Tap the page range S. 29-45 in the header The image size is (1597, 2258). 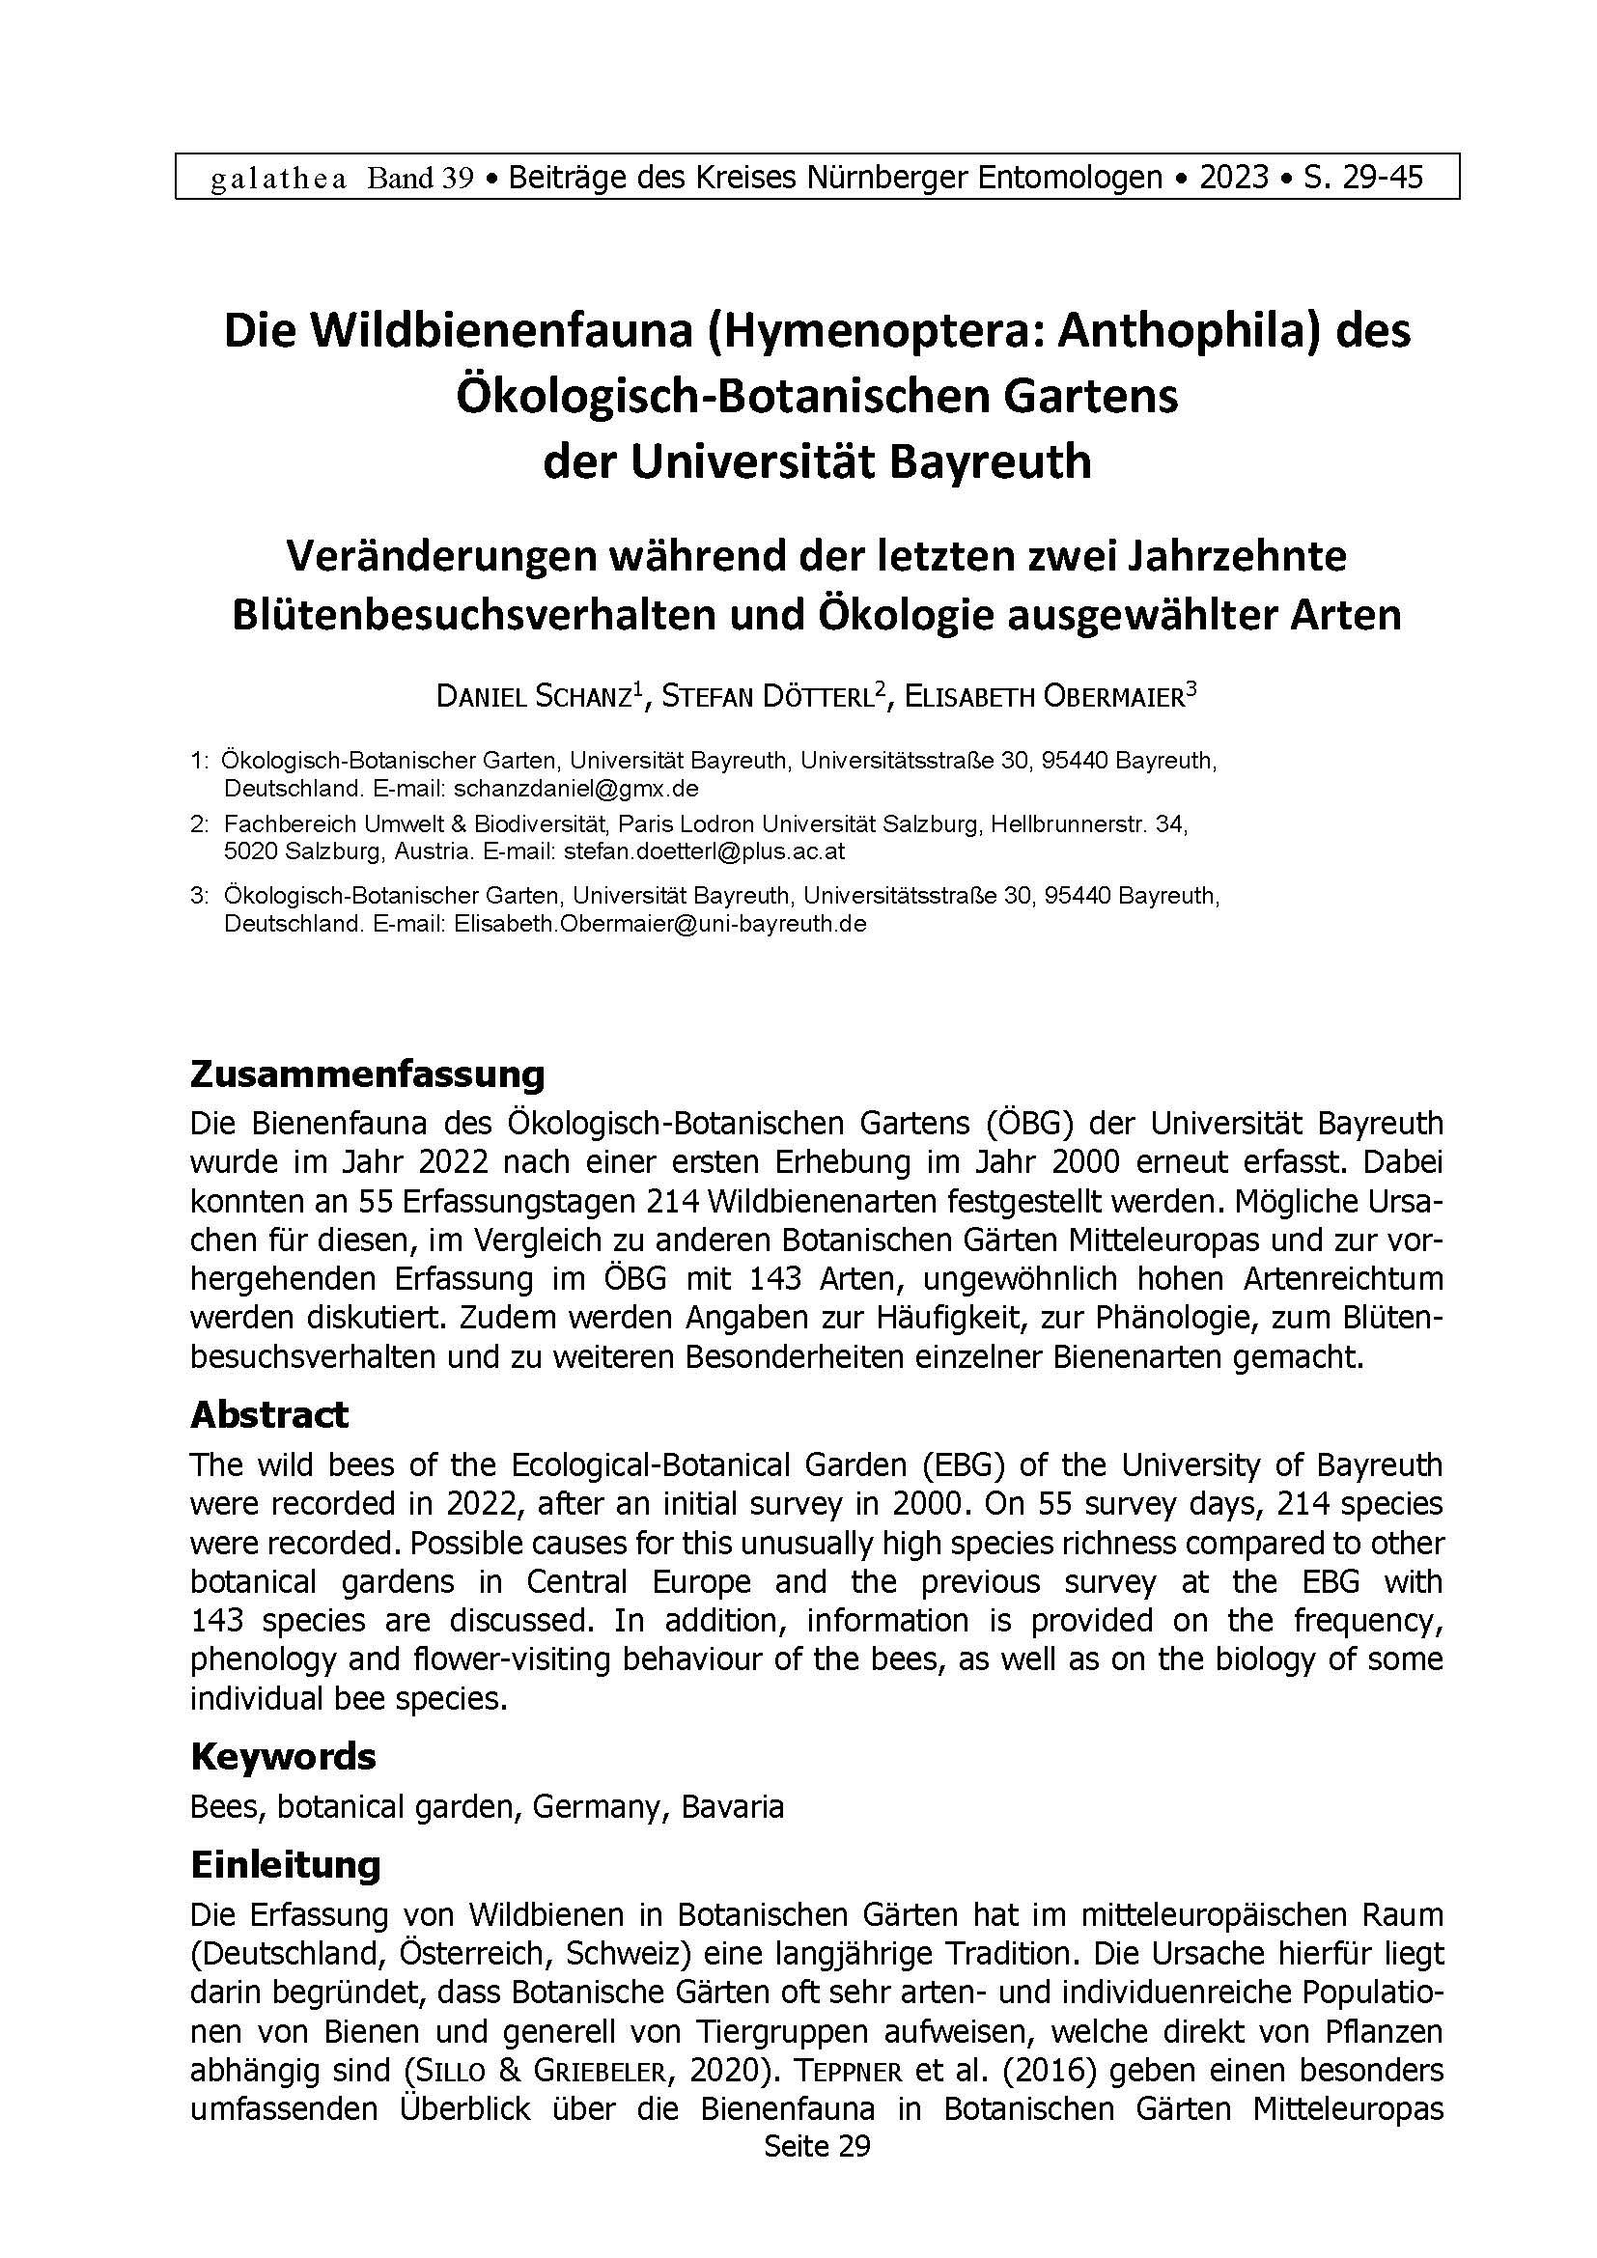click(x=1363, y=178)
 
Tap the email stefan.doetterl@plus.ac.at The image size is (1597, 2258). click(x=704, y=851)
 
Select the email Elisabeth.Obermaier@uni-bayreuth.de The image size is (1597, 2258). click(x=659, y=925)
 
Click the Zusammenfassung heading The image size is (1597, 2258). click(x=367, y=1073)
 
